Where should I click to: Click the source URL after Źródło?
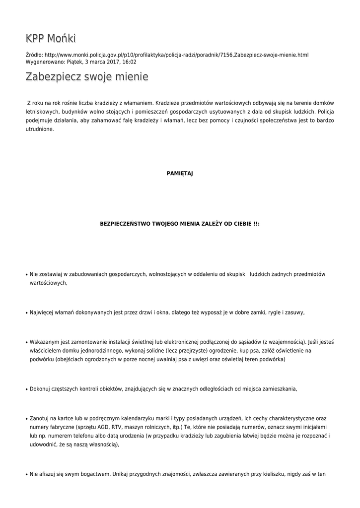(176, 55)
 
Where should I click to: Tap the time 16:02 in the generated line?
(130, 62)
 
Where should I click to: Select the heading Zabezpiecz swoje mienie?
(87, 77)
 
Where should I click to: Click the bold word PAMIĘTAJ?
(180, 173)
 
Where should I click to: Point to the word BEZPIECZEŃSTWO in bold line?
(127, 224)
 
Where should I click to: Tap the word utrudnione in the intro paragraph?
(40, 129)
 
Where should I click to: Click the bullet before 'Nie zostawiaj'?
(26, 274)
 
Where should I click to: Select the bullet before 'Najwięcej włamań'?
(26, 313)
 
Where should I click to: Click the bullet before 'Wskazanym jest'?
(26, 342)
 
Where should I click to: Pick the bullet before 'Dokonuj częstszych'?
(26, 389)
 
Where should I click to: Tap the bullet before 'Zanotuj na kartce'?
(26, 419)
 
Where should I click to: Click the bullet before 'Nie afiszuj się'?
(26, 475)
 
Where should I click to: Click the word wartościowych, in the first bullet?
(48, 283)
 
